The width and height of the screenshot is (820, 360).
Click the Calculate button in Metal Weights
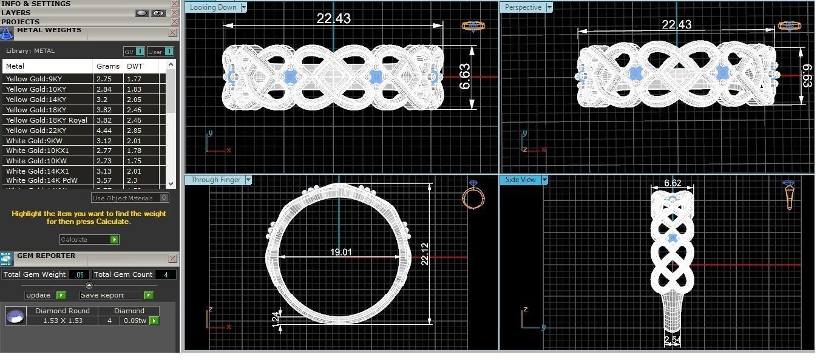click(89, 240)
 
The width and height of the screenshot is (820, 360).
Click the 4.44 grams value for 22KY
click(104, 131)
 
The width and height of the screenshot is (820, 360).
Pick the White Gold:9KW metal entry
click(34, 141)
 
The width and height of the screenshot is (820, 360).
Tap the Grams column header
click(107, 66)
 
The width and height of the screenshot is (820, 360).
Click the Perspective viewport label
click(523, 7)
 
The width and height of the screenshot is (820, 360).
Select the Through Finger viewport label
click(215, 180)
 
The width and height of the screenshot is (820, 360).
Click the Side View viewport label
click(521, 180)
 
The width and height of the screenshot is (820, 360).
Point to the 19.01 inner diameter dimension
click(341, 252)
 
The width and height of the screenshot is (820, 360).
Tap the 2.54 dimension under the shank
click(672, 341)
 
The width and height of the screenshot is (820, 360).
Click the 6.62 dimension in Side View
click(672, 183)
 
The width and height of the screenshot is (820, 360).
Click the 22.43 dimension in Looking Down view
click(333, 19)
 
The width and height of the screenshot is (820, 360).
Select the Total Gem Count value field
click(165, 274)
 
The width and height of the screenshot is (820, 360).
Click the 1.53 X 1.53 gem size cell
click(63, 321)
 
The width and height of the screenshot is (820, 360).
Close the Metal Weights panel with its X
click(173, 33)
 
